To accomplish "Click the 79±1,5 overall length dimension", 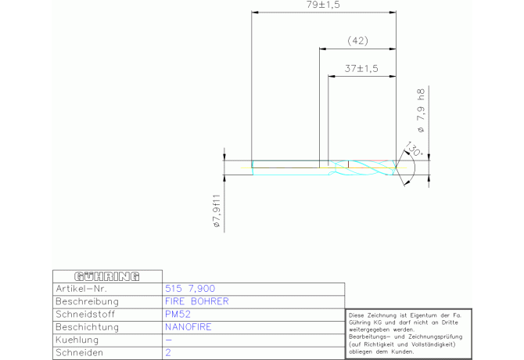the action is pyautogui.click(x=323, y=5).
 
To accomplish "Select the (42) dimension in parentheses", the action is pyautogui.click(x=357, y=41).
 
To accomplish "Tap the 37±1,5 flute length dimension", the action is pyautogui.click(x=361, y=69).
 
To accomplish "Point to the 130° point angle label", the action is pyautogui.click(x=414, y=149).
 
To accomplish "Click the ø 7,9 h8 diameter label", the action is pyautogui.click(x=421, y=110).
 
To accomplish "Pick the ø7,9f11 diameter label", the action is pyautogui.click(x=217, y=211).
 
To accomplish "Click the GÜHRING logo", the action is pyautogui.click(x=107, y=276).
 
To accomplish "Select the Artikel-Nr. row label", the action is pyautogui.click(x=81, y=289).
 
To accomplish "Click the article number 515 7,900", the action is pyautogui.click(x=190, y=289).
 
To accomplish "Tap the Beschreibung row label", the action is pyautogui.click(x=88, y=301).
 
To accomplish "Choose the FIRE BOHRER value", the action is pyautogui.click(x=197, y=301).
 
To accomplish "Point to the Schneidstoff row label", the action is pyautogui.click(x=85, y=314).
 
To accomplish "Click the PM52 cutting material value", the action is pyautogui.click(x=178, y=314).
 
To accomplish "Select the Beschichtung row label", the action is pyautogui.click(x=88, y=327).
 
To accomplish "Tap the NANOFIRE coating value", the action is pyautogui.click(x=188, y=327).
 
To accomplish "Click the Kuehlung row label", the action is pyautogui.click(x=77, y=340).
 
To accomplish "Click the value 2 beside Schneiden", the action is pyautogui.click(x=168, y=353).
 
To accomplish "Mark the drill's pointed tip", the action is pyautogui.click(x=397, y=167).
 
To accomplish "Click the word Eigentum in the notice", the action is pyautogui.click(x=422, y=315).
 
